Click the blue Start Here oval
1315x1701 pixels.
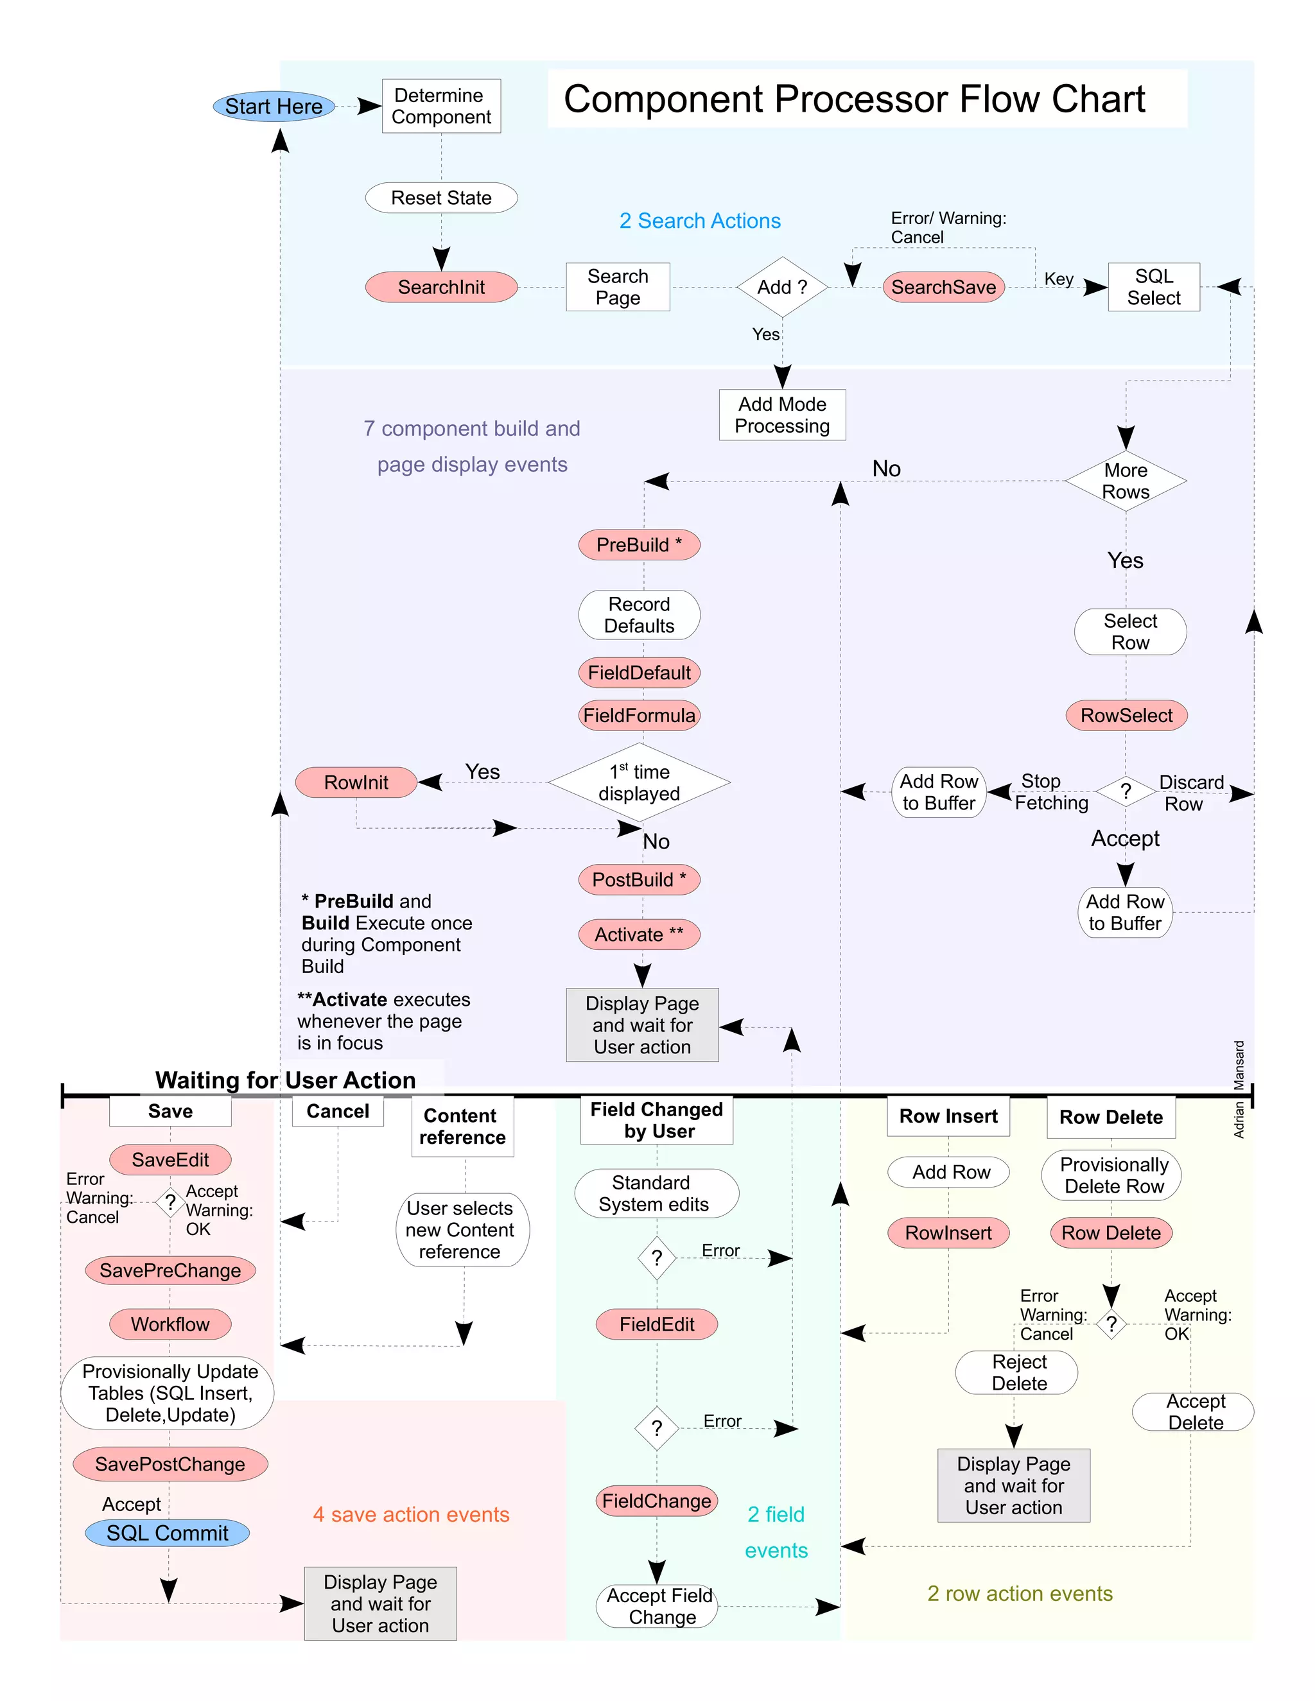[x=274, y=107]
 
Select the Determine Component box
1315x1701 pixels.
[x=441, y=106]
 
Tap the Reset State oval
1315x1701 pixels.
[x=441, y=198]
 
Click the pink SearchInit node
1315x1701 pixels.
[x=441, y=287]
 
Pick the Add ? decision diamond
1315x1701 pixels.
[x=782, y=287]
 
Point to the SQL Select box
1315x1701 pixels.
[x=1153, y=287]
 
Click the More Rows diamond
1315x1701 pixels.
[x=1126, y=481]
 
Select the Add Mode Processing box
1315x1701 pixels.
[x=782, y=415]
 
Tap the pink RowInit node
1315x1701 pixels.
[x=356, y=782]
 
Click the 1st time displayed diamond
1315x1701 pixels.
[x=639, y=782]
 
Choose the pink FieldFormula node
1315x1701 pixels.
[x=639, y=715]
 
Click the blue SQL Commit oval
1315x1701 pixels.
[x=168, y=1533]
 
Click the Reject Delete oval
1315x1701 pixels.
[x=1016, y=1372]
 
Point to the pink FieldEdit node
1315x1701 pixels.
[x=657, y=1324]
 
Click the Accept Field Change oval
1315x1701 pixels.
[x=657, y=1606]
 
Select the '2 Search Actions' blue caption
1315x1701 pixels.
[x=700, y=221]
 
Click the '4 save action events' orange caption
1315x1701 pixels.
[x=412, y=1514]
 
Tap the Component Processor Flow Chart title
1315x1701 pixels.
[x=854, y=99]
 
